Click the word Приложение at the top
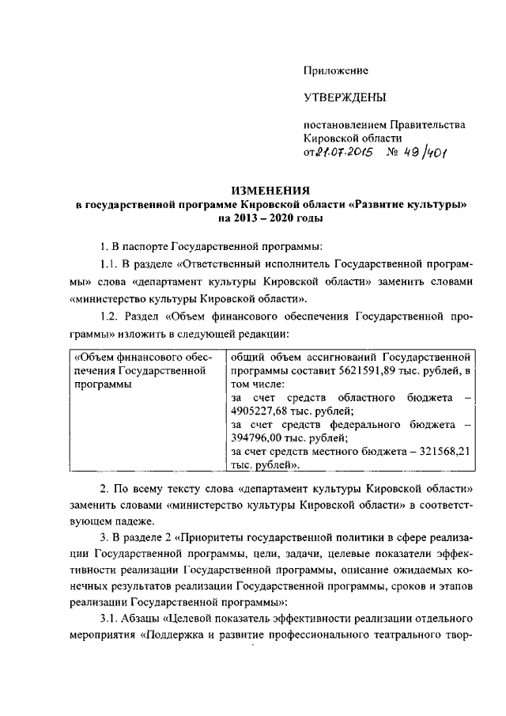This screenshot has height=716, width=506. (336, 70)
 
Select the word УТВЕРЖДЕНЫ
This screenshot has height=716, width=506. (346, 97)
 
